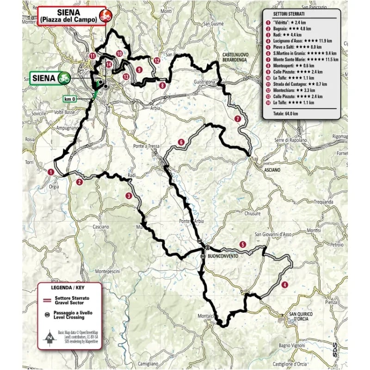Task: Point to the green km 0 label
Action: click(x=70, y=99)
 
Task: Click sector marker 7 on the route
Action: click(x=237, y=119)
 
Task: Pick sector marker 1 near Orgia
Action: click(x=51, y=172)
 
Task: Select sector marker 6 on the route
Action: click(x=181, y=142)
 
